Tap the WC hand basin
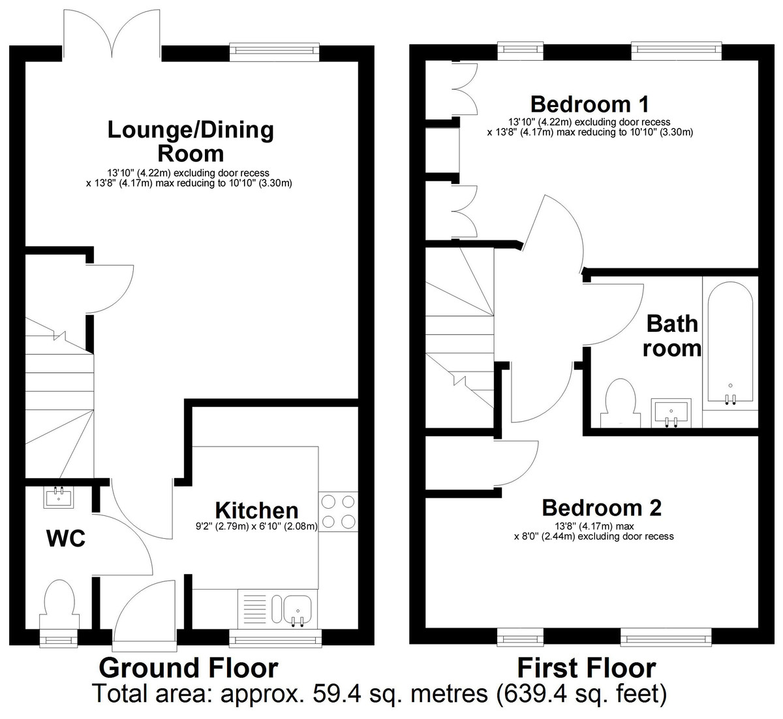pos(59,497)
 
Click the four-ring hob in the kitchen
pos(338,511)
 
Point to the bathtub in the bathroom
pos(729,345)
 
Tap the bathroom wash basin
pos(671,413)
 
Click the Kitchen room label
pos(256,511)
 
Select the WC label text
pos(65,539)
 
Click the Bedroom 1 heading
pos(589,104)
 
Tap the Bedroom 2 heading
pos(601,507)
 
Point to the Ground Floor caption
pos(188,668)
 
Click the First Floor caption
pos(586,668)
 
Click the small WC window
pos(58,638)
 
